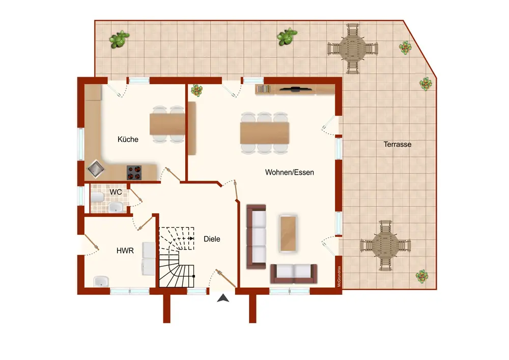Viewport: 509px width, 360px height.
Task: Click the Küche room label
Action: (128, 139)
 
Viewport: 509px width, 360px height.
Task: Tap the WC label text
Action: (116, 192)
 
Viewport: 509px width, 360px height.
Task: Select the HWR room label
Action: (125, 251)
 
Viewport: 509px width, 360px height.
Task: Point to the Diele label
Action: (212, 239)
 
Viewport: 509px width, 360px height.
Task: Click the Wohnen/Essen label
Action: (290, 173)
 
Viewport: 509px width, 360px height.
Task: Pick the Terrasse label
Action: (398, 144)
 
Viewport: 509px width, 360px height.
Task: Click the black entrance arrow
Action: (223, 298)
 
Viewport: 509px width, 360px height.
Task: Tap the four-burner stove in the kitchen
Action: (134, 173)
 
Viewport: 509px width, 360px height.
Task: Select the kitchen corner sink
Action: (96, 169)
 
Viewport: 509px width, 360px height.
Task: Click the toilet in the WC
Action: (97, 197)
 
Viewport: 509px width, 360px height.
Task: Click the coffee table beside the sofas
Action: (288, 233)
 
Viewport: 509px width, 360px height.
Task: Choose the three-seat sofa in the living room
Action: (256, 237)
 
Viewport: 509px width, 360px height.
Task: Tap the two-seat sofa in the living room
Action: (294, 273)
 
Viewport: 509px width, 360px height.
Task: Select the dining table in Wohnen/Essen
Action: (265, 133)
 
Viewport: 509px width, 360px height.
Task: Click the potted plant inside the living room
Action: (196, 90)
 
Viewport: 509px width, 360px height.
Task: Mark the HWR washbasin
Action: (101, 282)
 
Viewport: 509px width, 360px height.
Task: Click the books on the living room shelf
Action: (264, 89)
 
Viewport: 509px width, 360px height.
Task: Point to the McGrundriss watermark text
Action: (339, 276)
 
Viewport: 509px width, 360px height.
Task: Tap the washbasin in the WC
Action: (115, 207)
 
